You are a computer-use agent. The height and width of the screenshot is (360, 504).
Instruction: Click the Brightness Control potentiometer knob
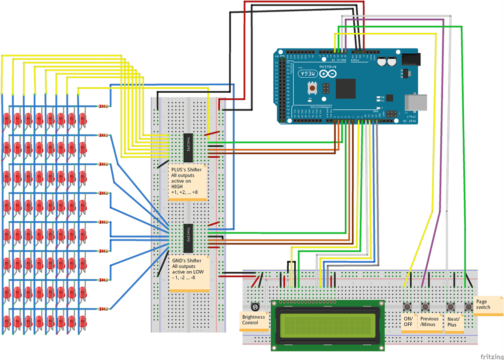256,306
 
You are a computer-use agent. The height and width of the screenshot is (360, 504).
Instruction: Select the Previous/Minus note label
429,322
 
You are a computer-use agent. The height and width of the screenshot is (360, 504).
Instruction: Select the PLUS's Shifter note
188,182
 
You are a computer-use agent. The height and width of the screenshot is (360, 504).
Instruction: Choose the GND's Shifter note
189,273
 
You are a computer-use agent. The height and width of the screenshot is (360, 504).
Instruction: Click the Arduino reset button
313,88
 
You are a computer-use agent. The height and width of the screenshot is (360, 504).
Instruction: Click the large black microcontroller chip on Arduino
345,89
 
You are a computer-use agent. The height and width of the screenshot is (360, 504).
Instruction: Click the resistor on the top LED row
103,106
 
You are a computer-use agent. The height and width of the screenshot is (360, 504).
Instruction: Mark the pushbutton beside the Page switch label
468,307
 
